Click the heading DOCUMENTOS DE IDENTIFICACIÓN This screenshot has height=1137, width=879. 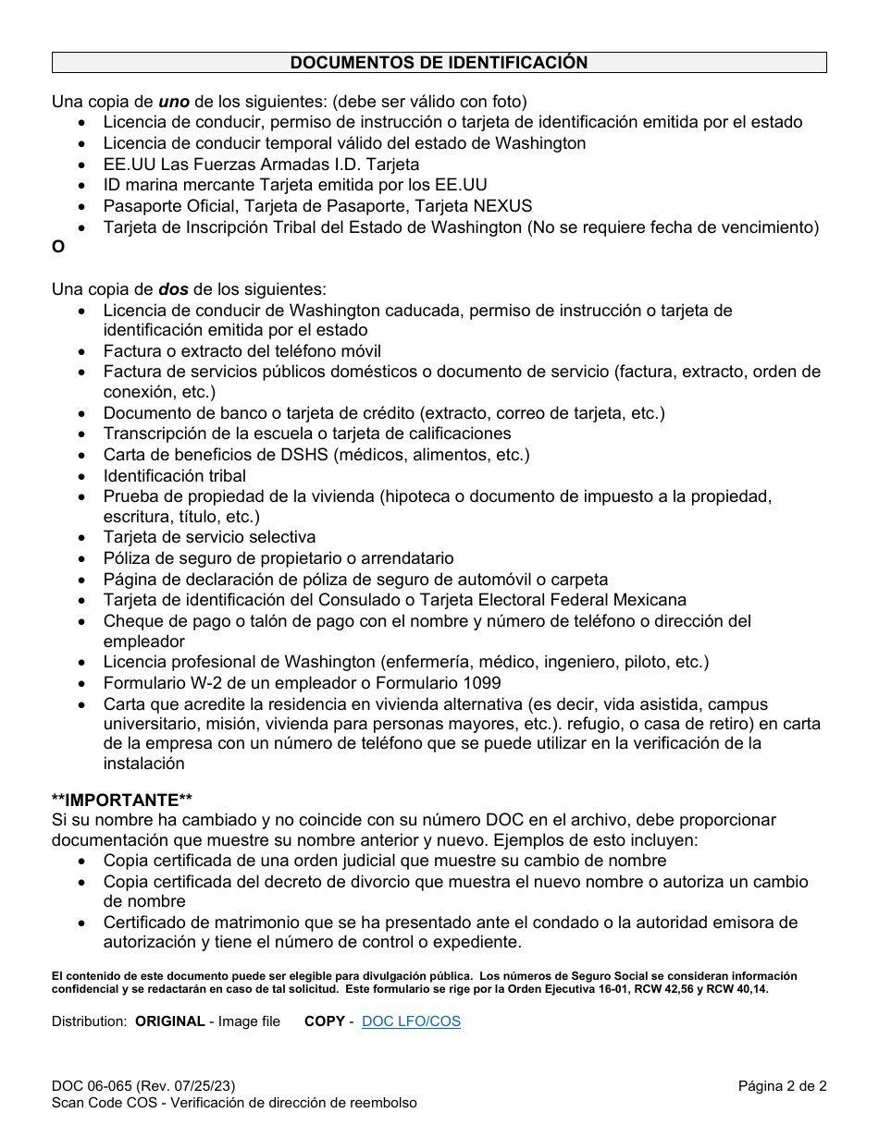click(x=439, y=63)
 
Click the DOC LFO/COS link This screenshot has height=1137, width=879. click(x=411, y=1021)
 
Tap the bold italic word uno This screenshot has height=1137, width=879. click(x=175, y=102)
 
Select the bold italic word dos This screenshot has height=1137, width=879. click(x=173, y=289)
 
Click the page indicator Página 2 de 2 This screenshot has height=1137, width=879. click(x=782, y=1087)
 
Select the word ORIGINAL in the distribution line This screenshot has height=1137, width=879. click(x=170, y=1021)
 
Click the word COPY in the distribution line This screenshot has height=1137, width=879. click(x=324, y=1021)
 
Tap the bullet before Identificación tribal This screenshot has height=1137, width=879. click(x=84, y=477)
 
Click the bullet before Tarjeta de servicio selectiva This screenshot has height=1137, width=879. click(x=84, y=538)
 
